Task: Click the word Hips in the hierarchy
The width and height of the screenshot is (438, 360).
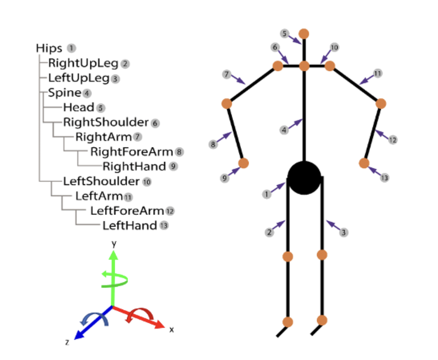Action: click(49, 49)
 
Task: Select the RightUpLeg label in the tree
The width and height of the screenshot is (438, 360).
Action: click(83, 64)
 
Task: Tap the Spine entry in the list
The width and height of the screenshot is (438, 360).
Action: click(65, 93)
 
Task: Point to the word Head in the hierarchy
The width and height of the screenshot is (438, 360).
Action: click(79, 107)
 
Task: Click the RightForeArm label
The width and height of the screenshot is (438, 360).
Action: click(132, 152)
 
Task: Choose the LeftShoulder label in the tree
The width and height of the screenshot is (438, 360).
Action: click(101, 181)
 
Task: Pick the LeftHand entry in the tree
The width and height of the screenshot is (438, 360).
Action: click(130, 226)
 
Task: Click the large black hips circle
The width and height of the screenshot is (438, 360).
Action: click(304, 178)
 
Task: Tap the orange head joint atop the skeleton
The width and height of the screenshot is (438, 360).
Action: click(304, 34)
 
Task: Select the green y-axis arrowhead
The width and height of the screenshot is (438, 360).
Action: click(114, 255)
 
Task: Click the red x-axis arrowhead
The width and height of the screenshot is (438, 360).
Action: click(160, 325)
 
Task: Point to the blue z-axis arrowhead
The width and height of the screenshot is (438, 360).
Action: click(79, 335)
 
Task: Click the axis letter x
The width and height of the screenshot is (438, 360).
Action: click(171, 330)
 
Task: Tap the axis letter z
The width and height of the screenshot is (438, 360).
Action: click(67, 342)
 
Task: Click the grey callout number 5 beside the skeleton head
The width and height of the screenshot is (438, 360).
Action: click(285, 34)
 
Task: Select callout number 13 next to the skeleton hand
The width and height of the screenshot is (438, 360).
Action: click(385, 178)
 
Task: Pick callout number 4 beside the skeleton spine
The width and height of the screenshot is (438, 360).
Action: click(284, 130)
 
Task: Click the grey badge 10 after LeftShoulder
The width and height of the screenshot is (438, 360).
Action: click(147, 182)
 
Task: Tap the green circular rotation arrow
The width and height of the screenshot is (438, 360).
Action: click(115, 279)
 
